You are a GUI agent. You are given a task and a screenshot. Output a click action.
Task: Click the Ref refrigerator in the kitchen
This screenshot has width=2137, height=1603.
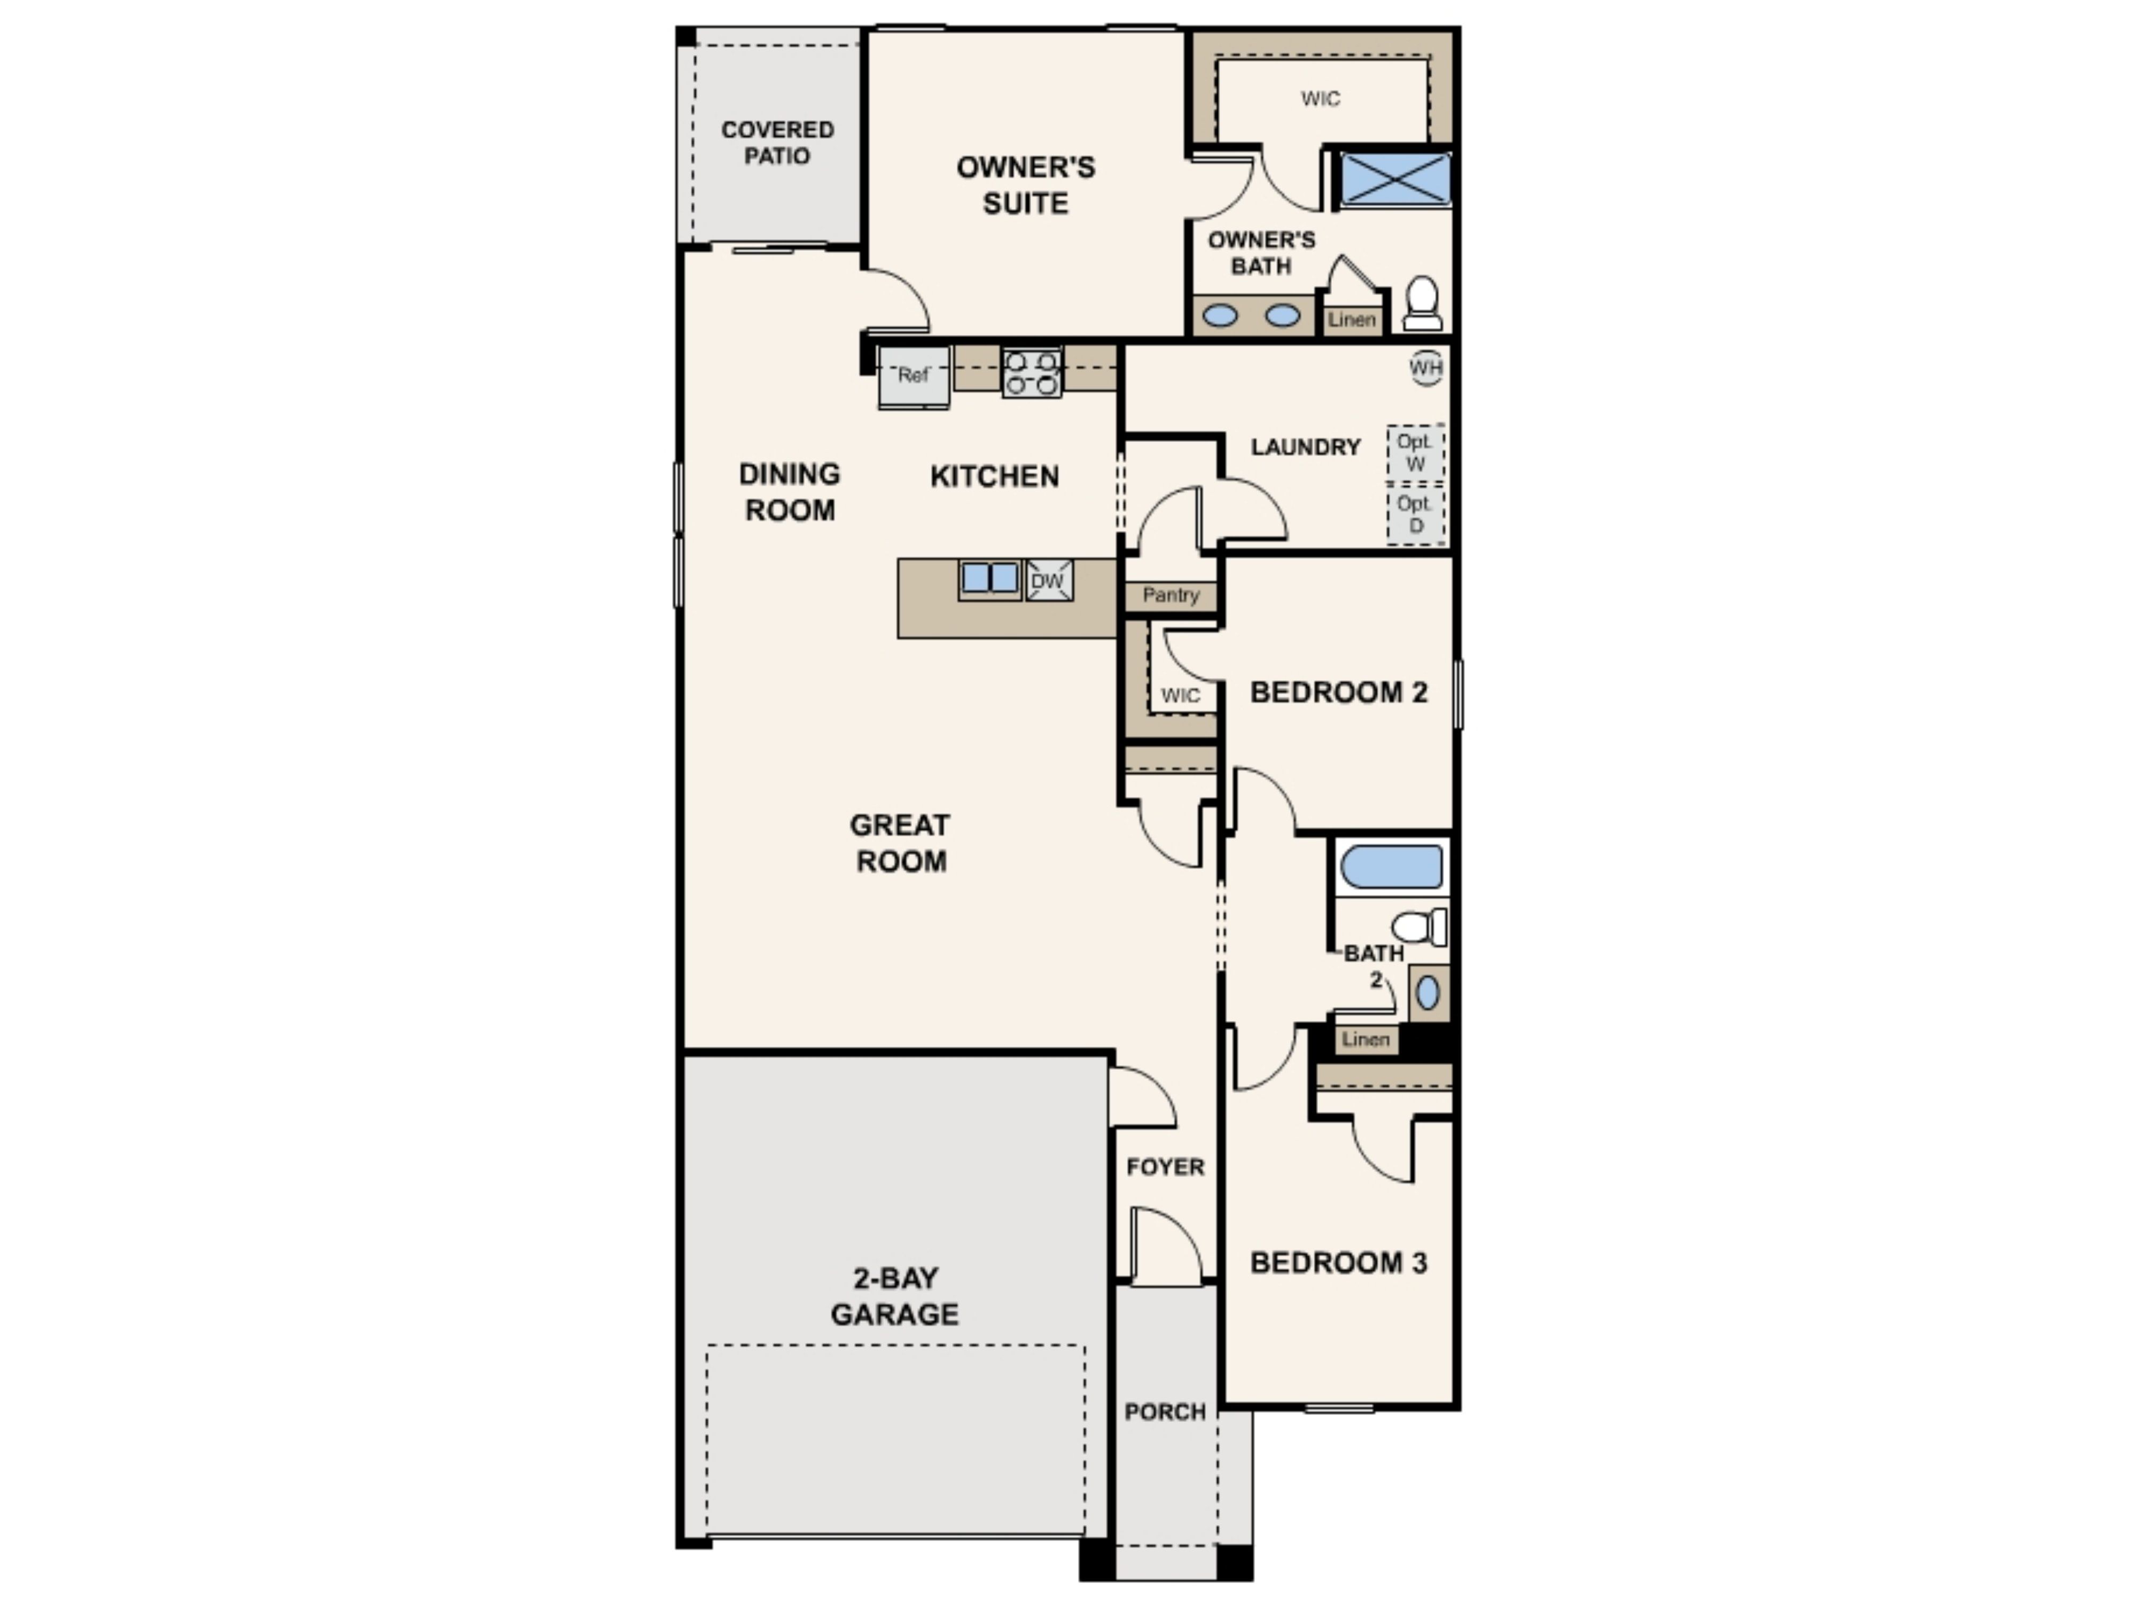coord(913,376)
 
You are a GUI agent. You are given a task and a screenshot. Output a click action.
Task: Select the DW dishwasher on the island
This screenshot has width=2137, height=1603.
coord(1048,581)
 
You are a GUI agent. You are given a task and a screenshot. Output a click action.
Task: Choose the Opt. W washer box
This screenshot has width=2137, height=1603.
coord(1415,452)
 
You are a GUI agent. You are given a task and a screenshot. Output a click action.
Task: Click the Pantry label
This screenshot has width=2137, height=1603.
coord(1170,595)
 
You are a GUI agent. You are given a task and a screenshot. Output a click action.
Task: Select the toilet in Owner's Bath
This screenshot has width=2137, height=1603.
coord(1422,305)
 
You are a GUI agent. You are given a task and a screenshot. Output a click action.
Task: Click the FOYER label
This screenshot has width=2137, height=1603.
coord(1165,1167)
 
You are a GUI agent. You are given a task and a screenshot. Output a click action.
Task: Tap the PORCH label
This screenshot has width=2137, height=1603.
coord(1165,1412)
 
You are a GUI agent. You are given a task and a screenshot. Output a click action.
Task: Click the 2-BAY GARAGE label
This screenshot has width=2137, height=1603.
coord(895,1296)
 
